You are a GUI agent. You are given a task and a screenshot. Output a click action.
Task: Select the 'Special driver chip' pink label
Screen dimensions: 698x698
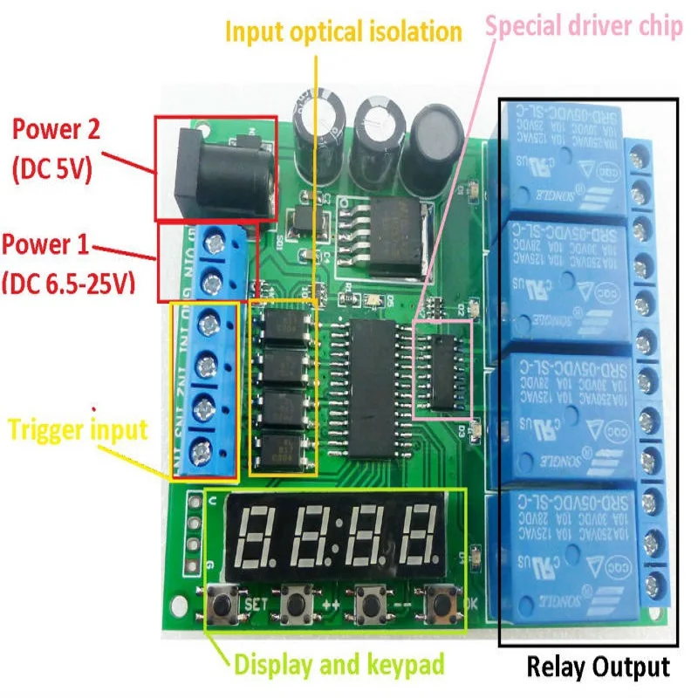[584, 25]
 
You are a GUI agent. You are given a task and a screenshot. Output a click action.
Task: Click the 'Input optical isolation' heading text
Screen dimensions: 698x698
[343, 32]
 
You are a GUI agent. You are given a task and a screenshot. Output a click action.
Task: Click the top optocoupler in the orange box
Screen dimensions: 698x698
[283, 328]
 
